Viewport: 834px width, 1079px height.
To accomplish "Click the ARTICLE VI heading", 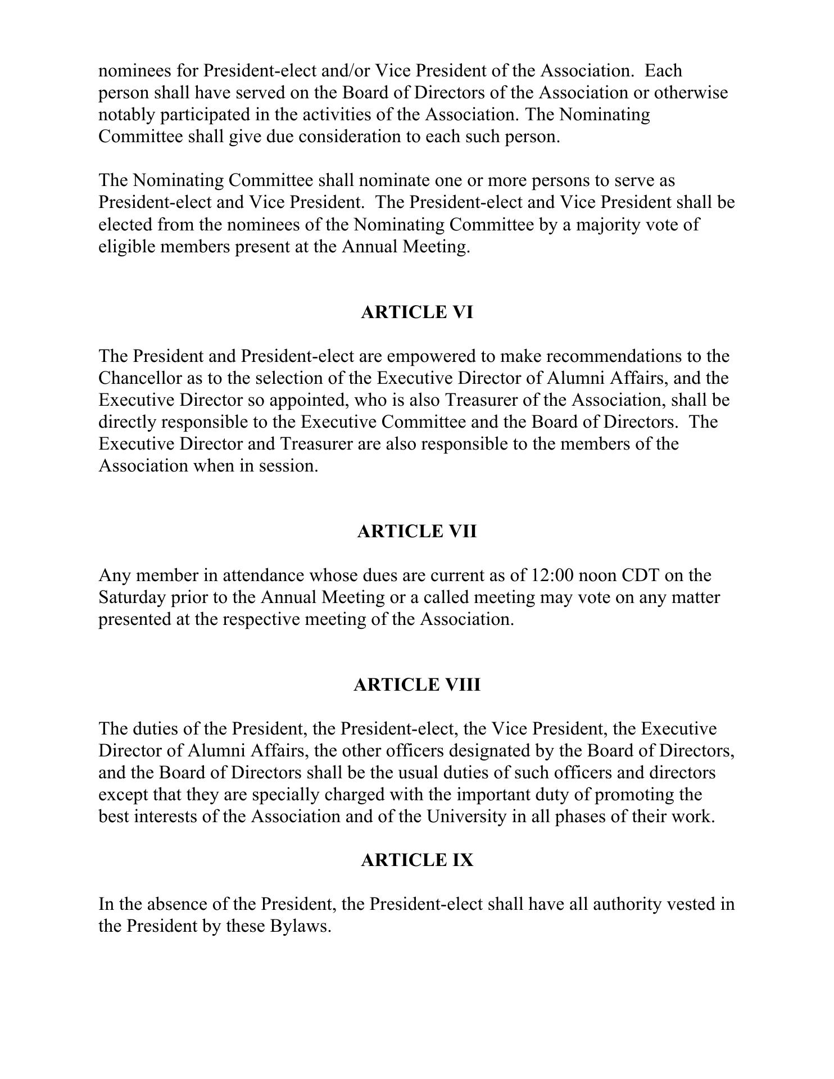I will point(416,312).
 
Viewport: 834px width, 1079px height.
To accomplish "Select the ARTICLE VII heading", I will point(416,532).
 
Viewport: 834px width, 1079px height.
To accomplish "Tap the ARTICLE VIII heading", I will point(416,685).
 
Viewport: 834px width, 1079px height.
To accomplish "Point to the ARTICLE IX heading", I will point(416,860).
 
